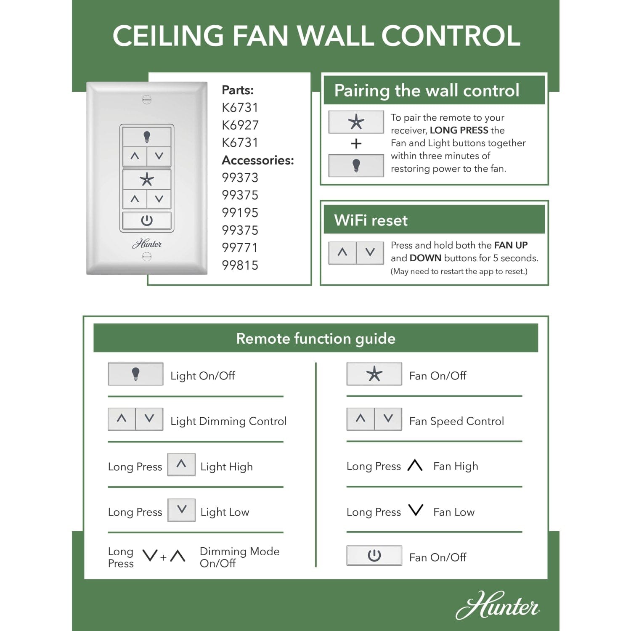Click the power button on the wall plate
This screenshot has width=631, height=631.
coord(147,220)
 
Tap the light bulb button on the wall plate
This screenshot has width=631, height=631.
coord(147,136)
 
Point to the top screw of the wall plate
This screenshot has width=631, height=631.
coord(147,100)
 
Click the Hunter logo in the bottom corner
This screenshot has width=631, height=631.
coord(498,606)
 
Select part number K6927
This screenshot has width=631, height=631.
coord(240,125)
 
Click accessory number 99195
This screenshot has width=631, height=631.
coord(240,212)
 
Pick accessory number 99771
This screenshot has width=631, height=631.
coord(240,248)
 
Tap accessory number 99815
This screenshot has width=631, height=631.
coord(240,265)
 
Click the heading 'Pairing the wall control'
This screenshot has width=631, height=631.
coord(427,90)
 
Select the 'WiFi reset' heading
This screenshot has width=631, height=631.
coord(371,220)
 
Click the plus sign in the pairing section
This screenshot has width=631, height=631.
coord(356,144)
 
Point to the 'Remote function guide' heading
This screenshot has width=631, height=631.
coord(315,339)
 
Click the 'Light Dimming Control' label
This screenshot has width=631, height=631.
coord(228,421)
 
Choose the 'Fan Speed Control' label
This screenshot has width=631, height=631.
coord(456,421)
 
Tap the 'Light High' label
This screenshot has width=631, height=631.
coord(226,467)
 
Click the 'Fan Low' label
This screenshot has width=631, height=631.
coord(454,512)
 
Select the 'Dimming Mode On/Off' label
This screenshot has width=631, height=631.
coord(239,557)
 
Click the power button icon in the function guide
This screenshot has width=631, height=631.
coord(374,556)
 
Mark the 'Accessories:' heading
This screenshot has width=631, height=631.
coord(258,160)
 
